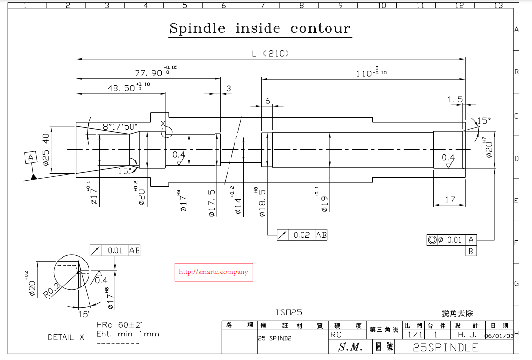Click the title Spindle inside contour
click(x=260, y=28)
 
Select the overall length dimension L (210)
click(x=271, y=54)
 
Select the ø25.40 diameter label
click(x=46, y=149)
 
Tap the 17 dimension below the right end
click(x=450, y=199)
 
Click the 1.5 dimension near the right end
click(x=455, y=99)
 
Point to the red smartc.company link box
click(x=213, y=272)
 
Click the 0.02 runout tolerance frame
click(x=302, y=235)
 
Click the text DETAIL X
click(x=66, y=337)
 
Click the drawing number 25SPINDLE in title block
click(x=445, y=348)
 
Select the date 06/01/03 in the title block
click(x=499, y=336)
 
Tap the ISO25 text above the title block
click(x=289, y=312)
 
